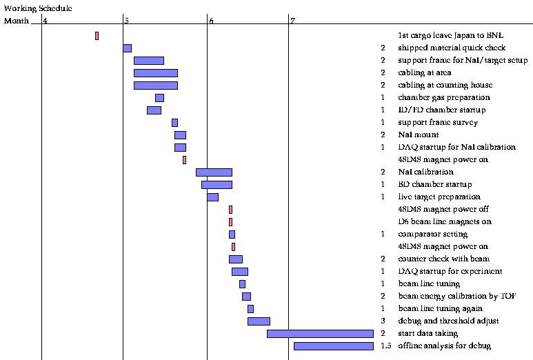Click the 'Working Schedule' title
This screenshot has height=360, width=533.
click(38, 8)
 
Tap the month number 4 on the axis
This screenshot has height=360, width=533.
click(45, 21)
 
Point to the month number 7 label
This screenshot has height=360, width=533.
click(292, 21)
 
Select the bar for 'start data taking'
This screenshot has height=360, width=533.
click(320, 334)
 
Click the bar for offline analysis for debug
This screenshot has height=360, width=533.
click(333, 346)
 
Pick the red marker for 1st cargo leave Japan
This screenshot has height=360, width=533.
click(97, 36)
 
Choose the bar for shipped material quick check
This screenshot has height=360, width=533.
click(127, 48)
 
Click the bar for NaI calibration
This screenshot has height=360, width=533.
click(214, 172)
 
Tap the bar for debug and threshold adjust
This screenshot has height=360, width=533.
click(259, 321)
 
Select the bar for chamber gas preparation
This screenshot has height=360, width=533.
click(159, 98)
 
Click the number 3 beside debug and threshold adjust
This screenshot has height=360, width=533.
click(383, 321)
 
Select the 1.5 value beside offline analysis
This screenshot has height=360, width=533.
click(385, 346)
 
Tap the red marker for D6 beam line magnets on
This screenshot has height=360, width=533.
click(230, 222)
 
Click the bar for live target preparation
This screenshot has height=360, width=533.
click(212, 197)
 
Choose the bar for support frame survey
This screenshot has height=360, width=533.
click(174, 123)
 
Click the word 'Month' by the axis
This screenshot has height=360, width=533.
click(17, 21)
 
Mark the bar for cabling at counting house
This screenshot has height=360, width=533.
click(155, 86)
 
